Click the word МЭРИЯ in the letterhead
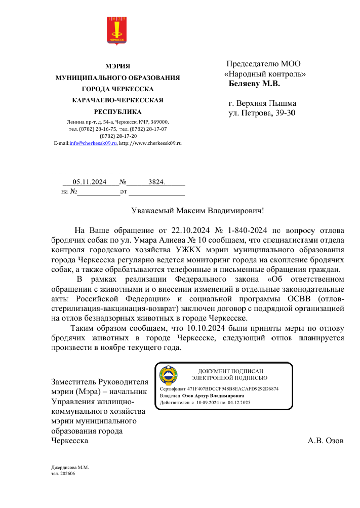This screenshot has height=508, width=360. coord(117,66)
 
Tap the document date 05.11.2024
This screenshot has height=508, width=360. coord(89,181)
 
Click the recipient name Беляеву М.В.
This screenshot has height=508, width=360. coord(254,84)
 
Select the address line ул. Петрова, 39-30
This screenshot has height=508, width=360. coord(262,112)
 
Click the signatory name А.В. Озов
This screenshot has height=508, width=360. coord(326,441)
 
